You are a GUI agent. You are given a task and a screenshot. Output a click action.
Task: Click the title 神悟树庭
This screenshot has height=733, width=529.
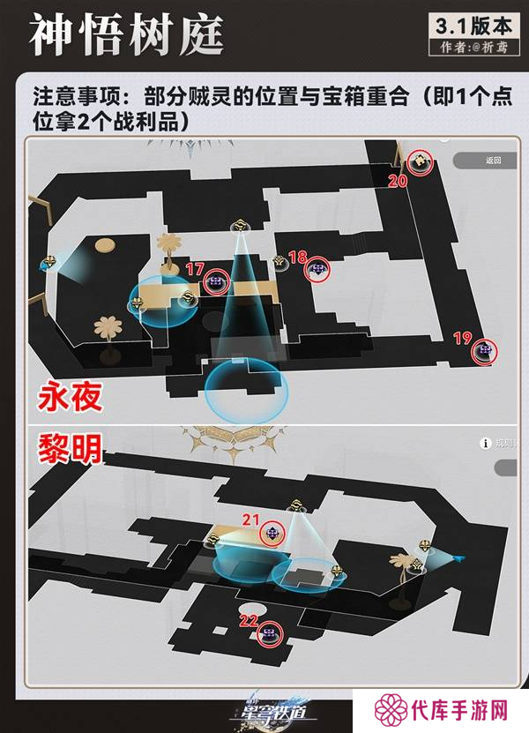click(126, 34)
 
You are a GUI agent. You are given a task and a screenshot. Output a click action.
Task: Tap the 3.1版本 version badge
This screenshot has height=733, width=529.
click(470, 24)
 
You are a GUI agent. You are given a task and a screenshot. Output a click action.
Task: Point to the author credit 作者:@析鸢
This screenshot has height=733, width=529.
click(470, 48)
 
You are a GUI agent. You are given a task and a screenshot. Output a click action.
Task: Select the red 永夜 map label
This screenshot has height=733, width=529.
click(70, 398)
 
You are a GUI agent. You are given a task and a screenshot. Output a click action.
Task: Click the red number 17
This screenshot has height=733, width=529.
click(195, 268)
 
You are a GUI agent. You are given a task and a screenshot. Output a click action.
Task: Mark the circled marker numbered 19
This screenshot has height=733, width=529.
click(484, 351)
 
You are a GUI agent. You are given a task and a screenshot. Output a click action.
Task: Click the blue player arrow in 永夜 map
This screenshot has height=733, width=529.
click(44, 263)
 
